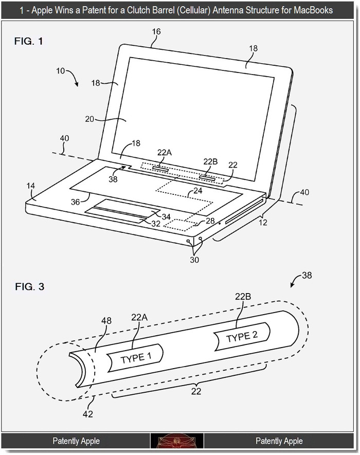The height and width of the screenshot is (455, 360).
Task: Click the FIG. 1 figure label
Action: pos(28,41)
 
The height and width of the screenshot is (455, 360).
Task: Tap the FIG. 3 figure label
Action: pos(30,287)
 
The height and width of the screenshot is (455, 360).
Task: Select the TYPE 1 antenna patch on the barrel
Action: pos(135,358)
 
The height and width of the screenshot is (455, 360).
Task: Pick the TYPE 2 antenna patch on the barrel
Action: pos(242,337)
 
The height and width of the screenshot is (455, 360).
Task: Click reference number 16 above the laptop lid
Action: pos(156,32)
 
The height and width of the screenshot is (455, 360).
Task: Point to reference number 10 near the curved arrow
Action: pos(60,71)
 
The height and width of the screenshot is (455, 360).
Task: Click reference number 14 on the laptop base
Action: pos(31,186)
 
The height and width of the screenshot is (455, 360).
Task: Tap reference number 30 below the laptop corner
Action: pos(194,260)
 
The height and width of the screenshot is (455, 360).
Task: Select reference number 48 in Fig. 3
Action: pos(106,321)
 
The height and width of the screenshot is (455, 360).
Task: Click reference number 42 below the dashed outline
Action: pos(87,414)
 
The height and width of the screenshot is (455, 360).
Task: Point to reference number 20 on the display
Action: pos(89,119)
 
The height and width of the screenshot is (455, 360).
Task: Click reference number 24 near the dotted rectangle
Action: pos(198,191)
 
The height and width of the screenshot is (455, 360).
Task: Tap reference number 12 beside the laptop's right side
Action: pos(263,223)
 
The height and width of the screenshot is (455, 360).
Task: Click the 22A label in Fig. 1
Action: pos(165,152)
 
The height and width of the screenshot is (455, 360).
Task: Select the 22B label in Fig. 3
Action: pos(243,297)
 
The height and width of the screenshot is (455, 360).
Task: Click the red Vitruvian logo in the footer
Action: pos(177,441)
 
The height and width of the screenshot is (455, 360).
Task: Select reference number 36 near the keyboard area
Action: pos(76,202)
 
